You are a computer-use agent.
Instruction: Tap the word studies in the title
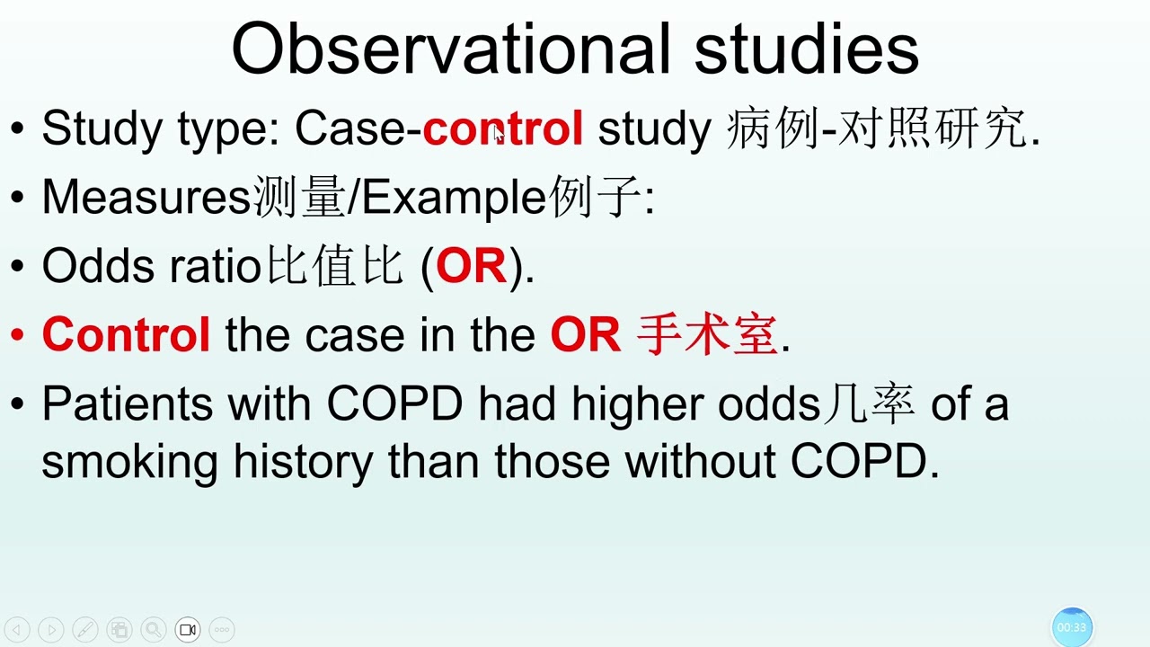[806, 49]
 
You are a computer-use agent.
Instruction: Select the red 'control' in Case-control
[503, 129]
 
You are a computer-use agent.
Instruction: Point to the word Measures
[146, 198]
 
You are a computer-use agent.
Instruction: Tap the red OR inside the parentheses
[471, 267]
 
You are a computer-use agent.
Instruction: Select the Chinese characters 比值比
[333, 267]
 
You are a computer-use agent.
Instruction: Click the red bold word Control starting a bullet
[126, 335]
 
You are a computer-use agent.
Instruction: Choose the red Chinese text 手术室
[706, 335]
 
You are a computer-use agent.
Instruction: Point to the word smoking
[129, 462]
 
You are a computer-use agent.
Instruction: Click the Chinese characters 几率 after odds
[868, 404]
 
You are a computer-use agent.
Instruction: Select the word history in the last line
[303, 462]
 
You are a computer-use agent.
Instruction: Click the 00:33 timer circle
[1071, 627]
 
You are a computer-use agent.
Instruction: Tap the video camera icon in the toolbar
[188, 630]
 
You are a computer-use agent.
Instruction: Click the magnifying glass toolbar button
[153, 630]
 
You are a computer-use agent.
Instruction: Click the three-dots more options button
[222, 630]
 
